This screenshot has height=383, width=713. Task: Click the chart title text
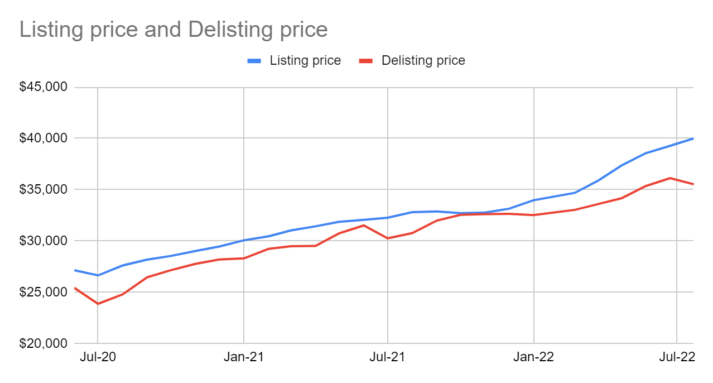point(174,30)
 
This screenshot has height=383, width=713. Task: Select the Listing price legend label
point(305,60)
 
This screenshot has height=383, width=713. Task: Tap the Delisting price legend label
point(423,60)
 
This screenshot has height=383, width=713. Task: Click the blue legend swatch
point(256,61)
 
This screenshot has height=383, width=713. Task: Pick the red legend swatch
point(365,61)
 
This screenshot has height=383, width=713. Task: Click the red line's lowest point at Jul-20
point(98,304)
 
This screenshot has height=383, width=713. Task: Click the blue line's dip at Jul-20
point(98,275)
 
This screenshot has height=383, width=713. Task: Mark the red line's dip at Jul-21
point(388,238)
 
